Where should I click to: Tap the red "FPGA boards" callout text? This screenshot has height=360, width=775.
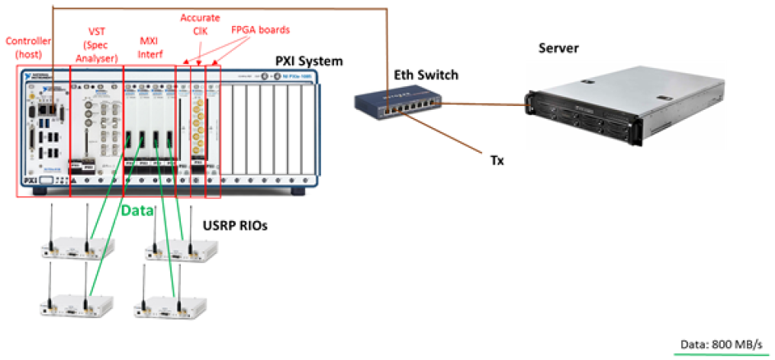259,30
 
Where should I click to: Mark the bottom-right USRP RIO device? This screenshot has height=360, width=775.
169,304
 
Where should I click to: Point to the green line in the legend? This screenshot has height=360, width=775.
719,354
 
